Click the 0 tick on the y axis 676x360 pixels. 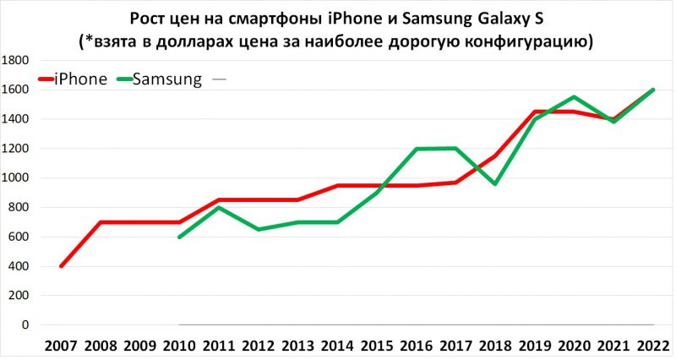click(x=27, y=325)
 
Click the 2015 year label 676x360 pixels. click(x=378, y=346)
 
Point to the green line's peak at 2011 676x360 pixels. click(x=220, y=207)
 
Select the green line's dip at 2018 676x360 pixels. click(x=496, y=184)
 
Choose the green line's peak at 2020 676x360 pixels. click(x=575, y=96)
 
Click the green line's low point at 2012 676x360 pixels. click(x=259, y=229)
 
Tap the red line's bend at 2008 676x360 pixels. click(x=101, y=222)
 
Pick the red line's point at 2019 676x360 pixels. click(x=535, y=112)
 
